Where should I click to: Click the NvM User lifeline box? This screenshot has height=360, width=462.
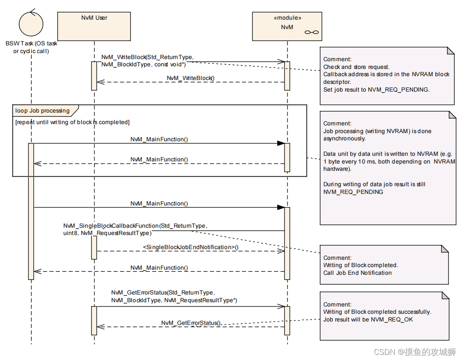(94, 26)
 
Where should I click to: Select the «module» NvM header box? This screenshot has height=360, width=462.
(287, 26)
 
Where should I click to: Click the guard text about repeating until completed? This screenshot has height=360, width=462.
(72, 122)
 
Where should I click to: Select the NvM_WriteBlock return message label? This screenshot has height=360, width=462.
(190, 78)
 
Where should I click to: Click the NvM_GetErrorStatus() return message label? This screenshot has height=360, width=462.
(191, 323)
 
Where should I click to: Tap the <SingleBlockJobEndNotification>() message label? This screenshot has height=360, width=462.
(190, 247)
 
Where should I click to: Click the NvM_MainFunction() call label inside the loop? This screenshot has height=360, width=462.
(159, 140)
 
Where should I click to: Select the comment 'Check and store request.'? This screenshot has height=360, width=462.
(356, 67)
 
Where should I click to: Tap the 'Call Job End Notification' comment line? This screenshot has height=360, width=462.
(357, 273)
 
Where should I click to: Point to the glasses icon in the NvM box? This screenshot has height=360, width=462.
(311, 33)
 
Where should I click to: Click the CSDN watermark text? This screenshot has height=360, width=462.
(415, 352)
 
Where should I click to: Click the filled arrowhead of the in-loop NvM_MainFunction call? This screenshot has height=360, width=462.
(281, 143)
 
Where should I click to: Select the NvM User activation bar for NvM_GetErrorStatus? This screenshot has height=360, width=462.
(94, 320)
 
